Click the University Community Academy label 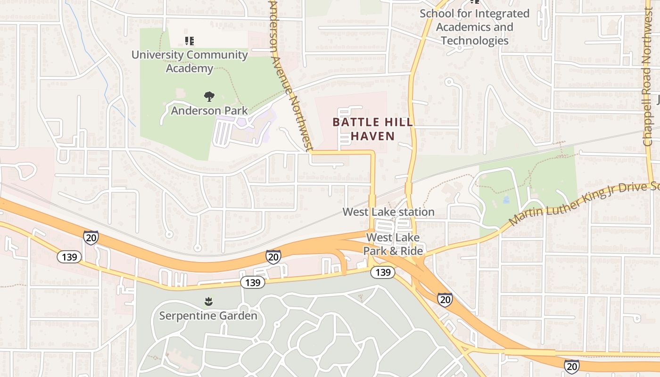[x=189, y=61]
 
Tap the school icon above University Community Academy [x=190, y=41]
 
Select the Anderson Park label [x=209, y=111]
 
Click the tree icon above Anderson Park [x=209, y=97]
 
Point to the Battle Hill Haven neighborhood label [x=372, y=129]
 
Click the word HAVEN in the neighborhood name [x=372, y=136]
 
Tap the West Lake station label [x=388, y=212]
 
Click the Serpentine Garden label [x=208, y=315]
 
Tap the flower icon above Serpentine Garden [x=208, y=301]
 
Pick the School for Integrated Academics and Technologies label [x=474, y=27]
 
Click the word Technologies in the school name [x=474, y=41]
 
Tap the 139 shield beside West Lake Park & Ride [x=382, y=272]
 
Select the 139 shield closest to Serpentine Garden [x=252, y=282]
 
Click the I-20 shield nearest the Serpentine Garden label [x=273, y=256]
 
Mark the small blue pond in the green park [x=506, y=200]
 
